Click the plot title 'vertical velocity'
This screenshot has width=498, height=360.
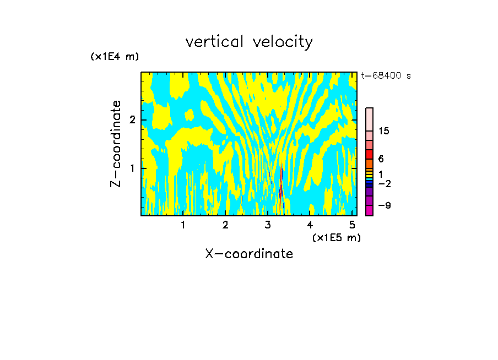click(249, 42)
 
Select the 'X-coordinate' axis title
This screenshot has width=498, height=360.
click(249, 254)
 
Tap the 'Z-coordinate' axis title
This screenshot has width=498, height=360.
click(116, 144)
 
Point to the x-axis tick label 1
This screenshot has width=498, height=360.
click(183, 225)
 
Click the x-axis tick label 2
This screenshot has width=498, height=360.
click(225, 225)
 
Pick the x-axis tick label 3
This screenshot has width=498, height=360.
click(268, 225)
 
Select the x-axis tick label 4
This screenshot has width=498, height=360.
click(310, 225)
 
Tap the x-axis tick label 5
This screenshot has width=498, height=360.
click(353, 225)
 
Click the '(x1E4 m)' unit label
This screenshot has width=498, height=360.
click(115, 57)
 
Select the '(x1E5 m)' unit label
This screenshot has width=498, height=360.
click(336, 237)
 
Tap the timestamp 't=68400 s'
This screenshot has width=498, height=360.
click(386, 76)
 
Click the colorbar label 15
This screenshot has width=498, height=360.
click(384, 131)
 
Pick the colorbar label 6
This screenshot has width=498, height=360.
click(381, 159)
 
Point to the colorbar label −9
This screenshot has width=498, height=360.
click(384, 205)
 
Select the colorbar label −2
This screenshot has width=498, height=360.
click(384, 183)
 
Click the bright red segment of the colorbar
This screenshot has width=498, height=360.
click(369, 154)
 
